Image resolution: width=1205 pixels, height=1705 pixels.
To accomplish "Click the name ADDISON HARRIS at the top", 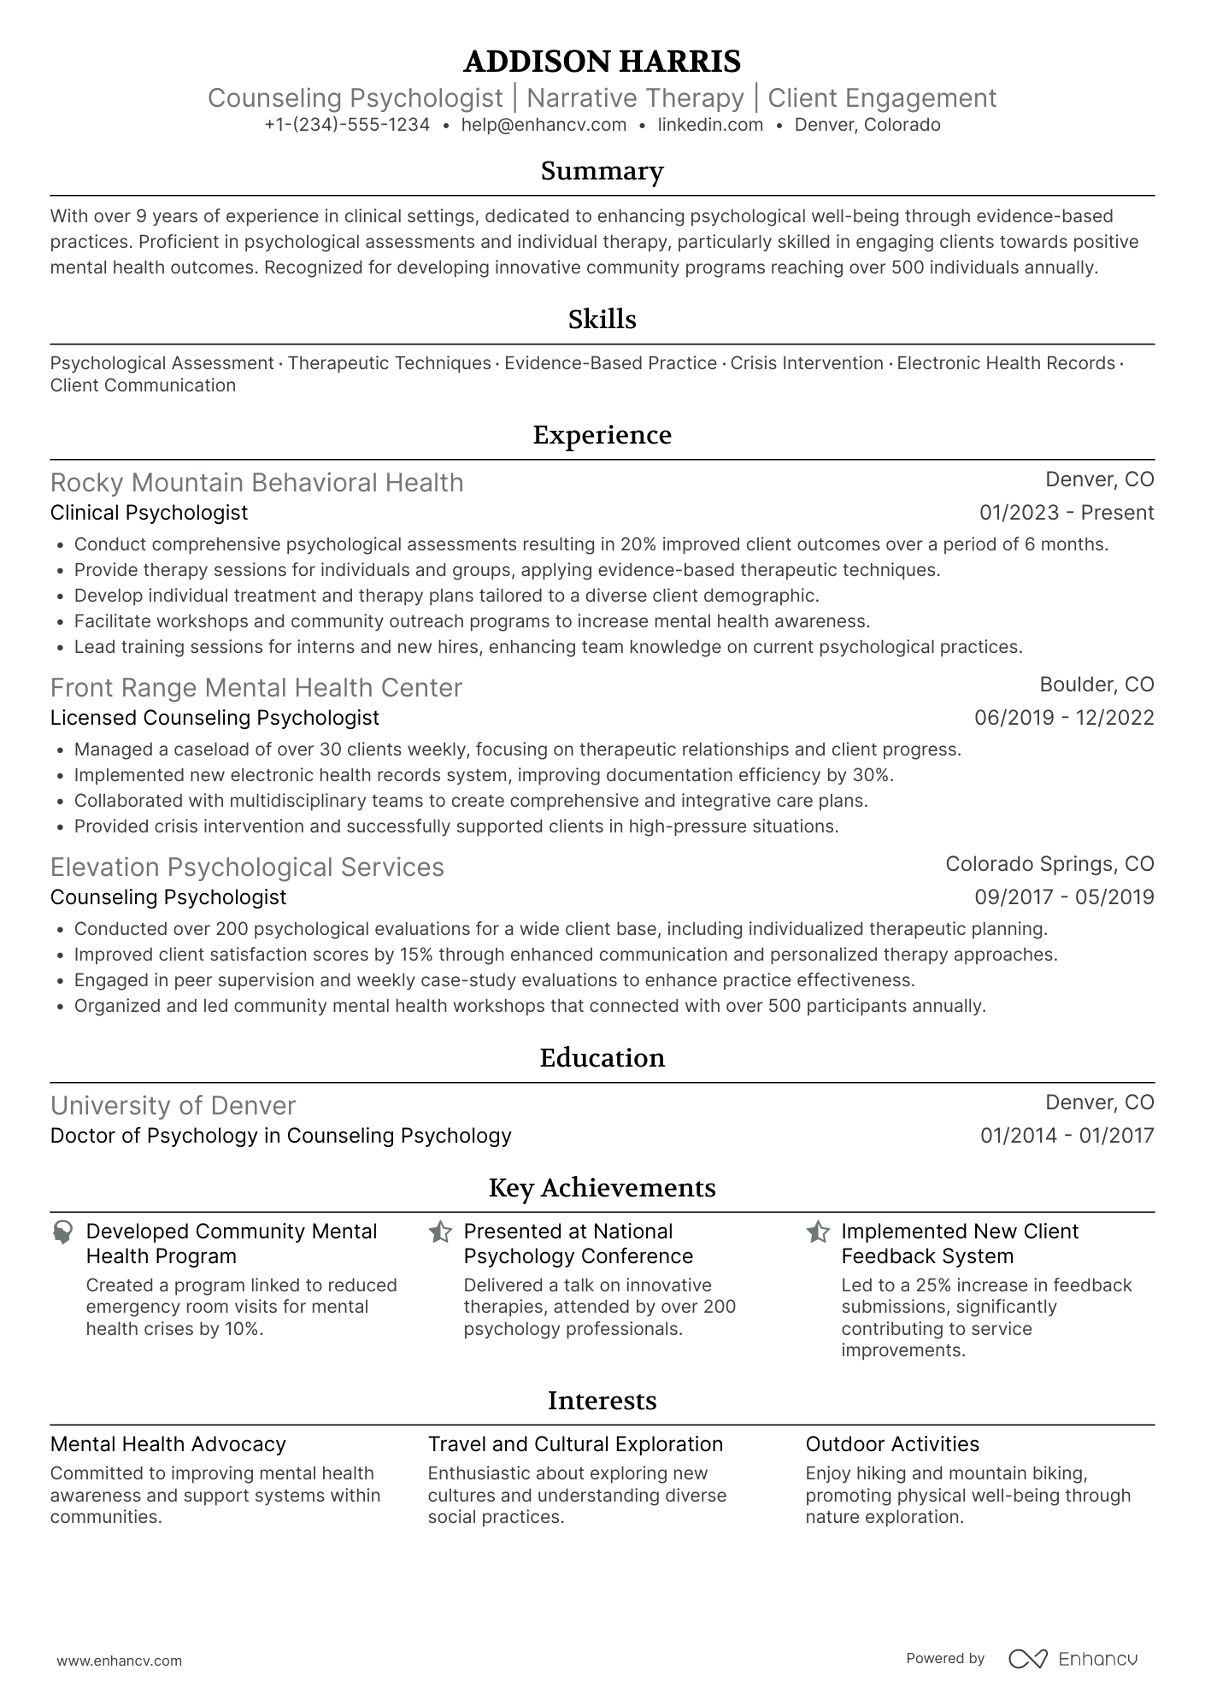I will click(x=602, y=62).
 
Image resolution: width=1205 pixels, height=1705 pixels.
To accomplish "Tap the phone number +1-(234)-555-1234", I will click(x=347, y=125).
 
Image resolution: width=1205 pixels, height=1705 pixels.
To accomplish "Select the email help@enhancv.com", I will click(x=544, y=125).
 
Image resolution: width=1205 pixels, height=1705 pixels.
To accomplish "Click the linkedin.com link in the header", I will click(x=710, y=125).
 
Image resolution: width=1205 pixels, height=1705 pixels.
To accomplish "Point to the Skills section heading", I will click(x=602, y=320).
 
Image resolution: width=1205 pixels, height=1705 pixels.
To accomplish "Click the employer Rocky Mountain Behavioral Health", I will click(x=256, y=483).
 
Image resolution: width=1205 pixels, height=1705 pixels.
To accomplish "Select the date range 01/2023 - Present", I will click(x=1066, y=513).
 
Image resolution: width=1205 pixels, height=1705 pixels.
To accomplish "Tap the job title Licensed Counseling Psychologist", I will click(x=215, y=718).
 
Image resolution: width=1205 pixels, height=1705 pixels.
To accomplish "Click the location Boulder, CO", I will click(x=1096, y=685).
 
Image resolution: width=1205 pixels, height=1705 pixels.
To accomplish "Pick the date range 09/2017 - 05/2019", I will click(x=1064, y=897).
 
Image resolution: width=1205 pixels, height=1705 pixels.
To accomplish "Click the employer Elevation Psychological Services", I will click(x=247, y=867).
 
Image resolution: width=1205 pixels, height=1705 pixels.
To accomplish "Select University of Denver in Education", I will click(x=173, y=1106).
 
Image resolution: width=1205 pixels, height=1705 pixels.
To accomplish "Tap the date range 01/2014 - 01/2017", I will click(x=1067, y=1136).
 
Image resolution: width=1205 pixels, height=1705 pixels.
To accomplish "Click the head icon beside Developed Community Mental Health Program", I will click(x=62, y=1232).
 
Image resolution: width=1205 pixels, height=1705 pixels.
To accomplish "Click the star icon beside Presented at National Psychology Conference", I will click(x=440, y=1232).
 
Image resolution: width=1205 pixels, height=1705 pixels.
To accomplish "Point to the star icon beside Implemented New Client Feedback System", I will click(x=818, y=1232).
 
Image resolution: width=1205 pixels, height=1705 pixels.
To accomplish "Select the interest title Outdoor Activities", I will click(x=892, y=1444).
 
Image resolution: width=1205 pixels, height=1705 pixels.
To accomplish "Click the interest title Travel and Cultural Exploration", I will click(x=575, y=1444).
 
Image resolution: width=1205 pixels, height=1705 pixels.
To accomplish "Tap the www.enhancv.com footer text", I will click(x=120, y=1661).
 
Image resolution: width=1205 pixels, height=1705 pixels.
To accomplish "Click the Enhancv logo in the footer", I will click(x=1073, y=1659).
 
